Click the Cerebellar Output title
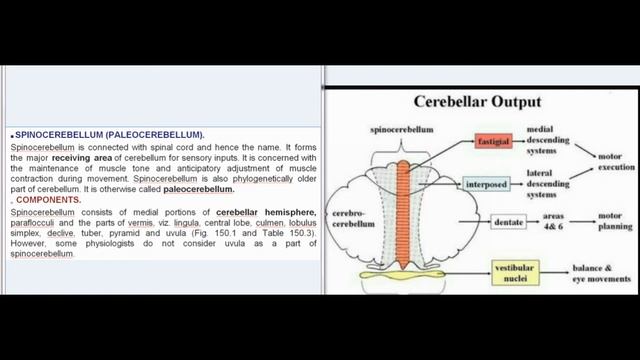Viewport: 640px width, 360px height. (x=477, y=101)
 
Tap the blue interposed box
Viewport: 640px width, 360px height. (x=486, y=184)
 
